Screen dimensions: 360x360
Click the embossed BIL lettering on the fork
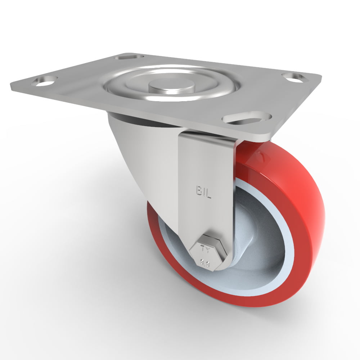(204, 191)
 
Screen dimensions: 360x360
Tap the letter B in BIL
(198, 191)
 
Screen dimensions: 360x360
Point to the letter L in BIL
(210, 192)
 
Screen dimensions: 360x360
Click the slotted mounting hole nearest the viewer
(247, 118)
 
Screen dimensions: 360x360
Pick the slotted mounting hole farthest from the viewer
(129, 57)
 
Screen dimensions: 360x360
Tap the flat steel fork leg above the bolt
(205, 216)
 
